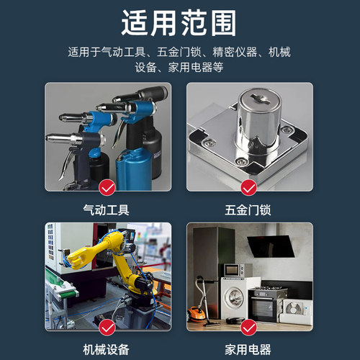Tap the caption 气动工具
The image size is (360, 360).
[107, 210]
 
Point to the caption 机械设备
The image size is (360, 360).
[107, 350]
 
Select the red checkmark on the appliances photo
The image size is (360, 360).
[249, 328]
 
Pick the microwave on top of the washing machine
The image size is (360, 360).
[233, 270]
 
